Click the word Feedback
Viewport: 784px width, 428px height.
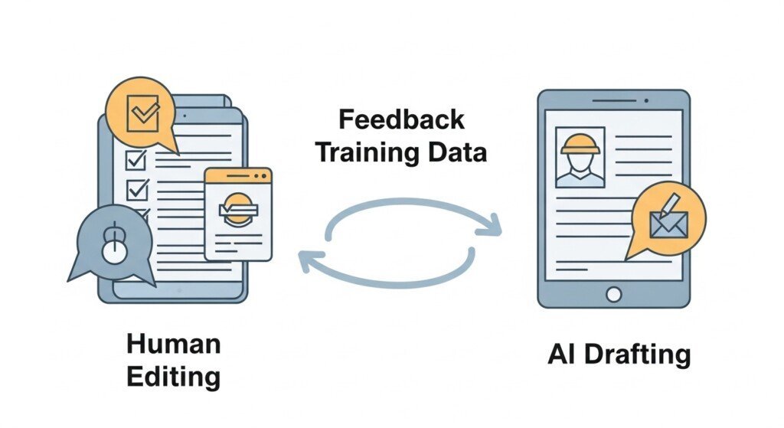[x=400, y=121]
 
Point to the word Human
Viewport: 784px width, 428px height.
[x=174, y=345]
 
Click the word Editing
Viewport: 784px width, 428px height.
[x=173, y=377]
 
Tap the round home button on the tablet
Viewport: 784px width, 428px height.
[x=613, y=293]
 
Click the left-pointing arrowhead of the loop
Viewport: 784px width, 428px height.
[x=305, y=260]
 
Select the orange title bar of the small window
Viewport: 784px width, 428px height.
[x=238, y=175]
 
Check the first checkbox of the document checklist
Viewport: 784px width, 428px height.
[x=136, y=159]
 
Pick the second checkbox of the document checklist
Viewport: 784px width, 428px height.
[x=136, y=188]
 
